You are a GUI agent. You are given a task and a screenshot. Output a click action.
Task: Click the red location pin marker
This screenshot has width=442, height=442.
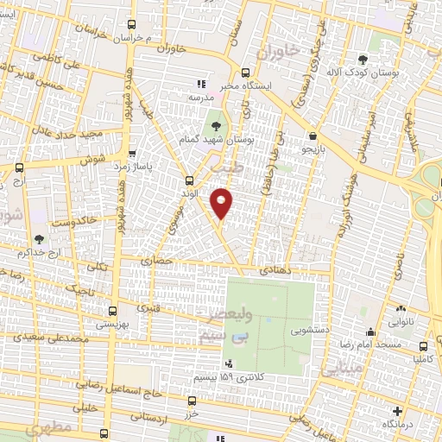click(x=221, y=203)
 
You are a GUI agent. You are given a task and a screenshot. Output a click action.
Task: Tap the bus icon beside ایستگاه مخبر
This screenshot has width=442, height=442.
click(x=246, y=73)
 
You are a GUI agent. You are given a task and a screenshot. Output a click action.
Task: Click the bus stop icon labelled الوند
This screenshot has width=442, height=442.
click(x=190, y=180)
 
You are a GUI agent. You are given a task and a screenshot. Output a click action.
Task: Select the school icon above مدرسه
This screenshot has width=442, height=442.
click(x=200, y=85)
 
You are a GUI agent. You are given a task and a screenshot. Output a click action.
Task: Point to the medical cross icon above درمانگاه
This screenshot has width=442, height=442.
click(x=396, y=412)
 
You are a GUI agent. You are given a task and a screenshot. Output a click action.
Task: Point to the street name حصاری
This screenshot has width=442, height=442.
click(x=164, y=260)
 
